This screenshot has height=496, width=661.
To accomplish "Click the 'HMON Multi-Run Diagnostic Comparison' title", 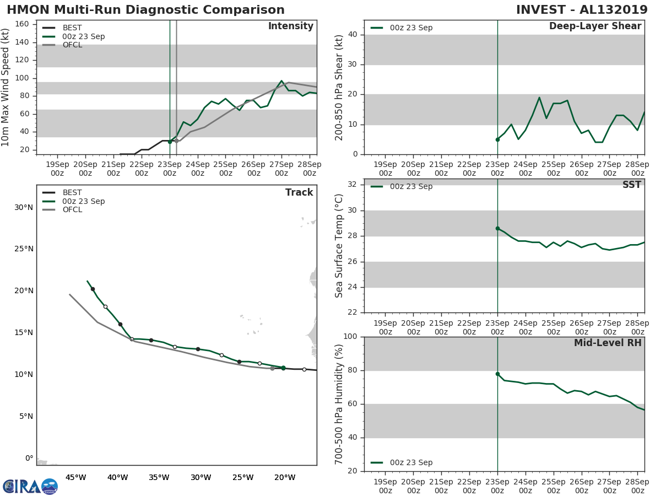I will coord(146,10).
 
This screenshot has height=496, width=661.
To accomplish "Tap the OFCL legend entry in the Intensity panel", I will coord(72,45).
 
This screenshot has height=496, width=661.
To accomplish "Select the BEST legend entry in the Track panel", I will coord(72,192).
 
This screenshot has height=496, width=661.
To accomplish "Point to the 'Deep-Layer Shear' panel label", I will coord(595,26).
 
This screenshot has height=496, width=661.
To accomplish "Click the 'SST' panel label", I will coord(631,185).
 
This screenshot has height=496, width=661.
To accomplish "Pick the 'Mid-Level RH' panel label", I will coord(608,343).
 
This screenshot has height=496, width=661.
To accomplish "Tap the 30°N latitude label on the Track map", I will coord(24,207).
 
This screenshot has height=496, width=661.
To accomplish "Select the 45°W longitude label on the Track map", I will coord(75,477).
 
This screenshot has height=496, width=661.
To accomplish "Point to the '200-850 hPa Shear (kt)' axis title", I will coord(339,87).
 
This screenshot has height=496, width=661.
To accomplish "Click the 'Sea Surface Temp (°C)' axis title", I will coord(339,246).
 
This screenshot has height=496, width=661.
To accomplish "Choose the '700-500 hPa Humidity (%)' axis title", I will coord(339,403).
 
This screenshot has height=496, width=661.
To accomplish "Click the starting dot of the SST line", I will coord(497,228).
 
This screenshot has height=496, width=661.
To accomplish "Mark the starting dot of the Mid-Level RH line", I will coord(497,374).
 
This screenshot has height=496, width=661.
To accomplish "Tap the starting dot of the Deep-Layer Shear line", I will coord(497,139).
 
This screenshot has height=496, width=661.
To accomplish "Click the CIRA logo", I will coord(30,487).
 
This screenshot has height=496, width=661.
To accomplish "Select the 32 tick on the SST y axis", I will coord(351,185).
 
